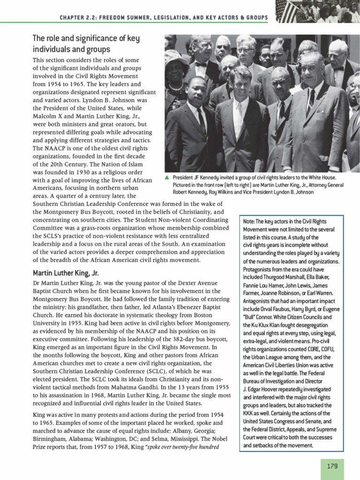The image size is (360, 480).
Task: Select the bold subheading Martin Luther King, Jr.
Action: [66, 272]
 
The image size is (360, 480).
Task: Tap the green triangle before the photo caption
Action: [167, 178]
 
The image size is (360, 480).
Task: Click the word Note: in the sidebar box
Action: [250, 221]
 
